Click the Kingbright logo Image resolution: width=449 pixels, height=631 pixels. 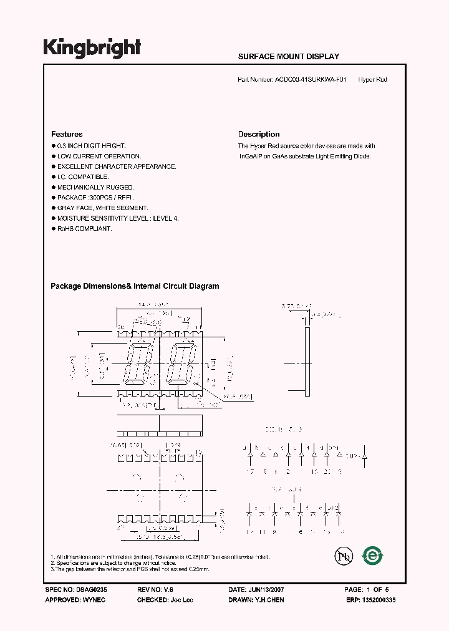92,48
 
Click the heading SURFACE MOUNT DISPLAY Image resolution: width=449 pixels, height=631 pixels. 289,57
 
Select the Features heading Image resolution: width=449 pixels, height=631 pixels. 67,134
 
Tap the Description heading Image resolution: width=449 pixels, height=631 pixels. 259,134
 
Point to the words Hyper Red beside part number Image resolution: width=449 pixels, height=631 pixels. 373,80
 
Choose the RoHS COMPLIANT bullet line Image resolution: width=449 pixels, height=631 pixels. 84,229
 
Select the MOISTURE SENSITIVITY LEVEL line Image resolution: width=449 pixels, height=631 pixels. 118,219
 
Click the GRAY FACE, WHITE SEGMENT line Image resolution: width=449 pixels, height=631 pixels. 102,208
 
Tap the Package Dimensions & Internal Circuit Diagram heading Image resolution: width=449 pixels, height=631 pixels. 135,286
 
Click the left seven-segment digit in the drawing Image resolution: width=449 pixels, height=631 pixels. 138,364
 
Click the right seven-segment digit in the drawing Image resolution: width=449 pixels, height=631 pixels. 180,364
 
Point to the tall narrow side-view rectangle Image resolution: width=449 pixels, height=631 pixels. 307,355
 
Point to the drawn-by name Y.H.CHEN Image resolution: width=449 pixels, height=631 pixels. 269,599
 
